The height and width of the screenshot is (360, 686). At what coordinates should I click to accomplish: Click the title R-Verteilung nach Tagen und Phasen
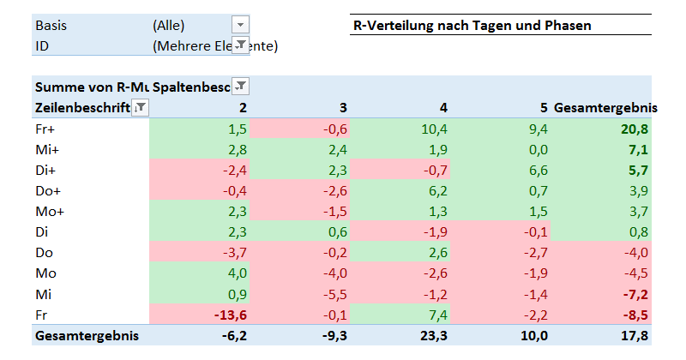(x=472, y=26)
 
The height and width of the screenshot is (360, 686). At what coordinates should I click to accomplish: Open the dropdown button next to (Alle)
(x=240, y=26)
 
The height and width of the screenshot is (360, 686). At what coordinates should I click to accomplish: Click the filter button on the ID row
(x=240, y=45)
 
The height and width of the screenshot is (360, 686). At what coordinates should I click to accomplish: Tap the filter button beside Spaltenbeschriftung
(x=241, y=86)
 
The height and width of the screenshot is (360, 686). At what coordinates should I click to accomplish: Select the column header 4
(x=442, y=107)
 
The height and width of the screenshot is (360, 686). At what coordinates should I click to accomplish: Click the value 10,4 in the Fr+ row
(x=435, y=129)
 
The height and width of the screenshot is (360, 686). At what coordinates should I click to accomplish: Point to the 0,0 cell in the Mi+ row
(x=538, y=149)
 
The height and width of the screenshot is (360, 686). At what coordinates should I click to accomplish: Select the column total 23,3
(x=434, y=335)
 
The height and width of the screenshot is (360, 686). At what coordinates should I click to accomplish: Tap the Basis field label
(x=51, y=26)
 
